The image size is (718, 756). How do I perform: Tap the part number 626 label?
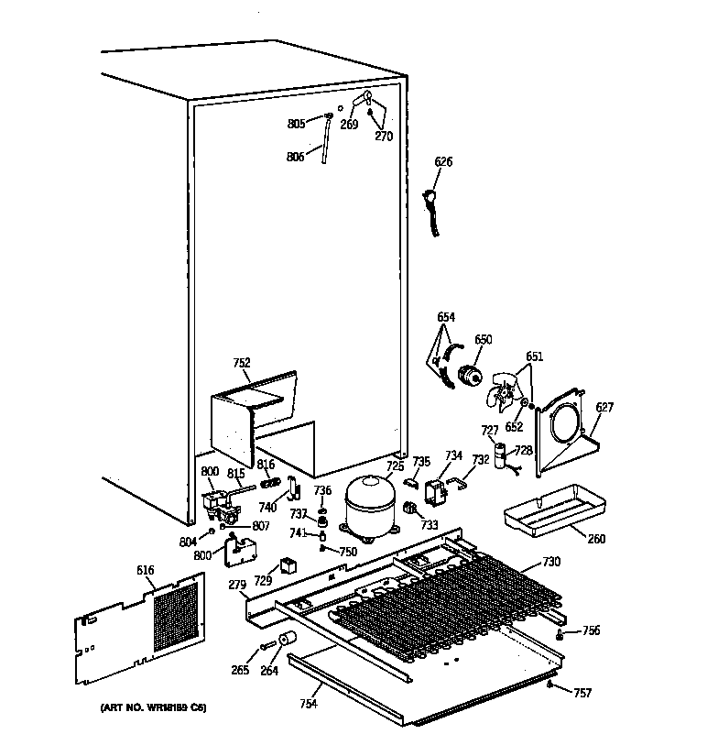coord(443,162)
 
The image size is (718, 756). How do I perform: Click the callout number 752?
coord(241,363)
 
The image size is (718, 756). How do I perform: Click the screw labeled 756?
coord(559,633)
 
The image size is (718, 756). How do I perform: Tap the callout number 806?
coord(294,157)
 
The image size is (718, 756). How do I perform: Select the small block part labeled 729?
coord(287,565)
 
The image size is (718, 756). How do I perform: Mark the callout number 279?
coord(237,586)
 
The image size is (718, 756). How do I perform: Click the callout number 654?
coord(446,318)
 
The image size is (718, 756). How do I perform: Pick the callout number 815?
coord(235,473)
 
